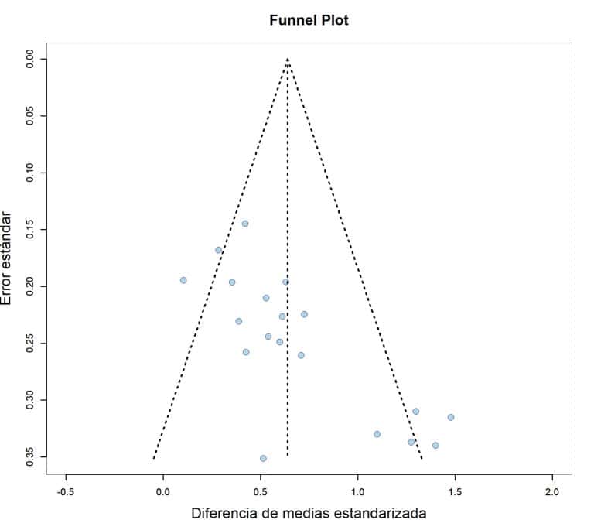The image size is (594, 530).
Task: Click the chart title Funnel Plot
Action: point(309,21)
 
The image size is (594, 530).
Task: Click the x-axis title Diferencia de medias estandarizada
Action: point(309,513)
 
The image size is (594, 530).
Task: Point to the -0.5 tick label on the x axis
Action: point(65,491)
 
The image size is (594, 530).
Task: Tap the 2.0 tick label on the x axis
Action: point(552,491)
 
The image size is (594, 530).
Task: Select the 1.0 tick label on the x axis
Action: point(358,491)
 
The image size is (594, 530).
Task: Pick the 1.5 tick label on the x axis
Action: point(455,491)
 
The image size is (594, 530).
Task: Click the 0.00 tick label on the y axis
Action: point(31,59)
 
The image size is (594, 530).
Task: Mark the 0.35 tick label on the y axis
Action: point(31,456)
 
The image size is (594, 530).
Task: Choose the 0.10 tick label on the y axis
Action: point(31,173)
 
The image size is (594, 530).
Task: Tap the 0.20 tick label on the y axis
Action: point(31,286)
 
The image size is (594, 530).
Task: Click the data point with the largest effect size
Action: point(450,417)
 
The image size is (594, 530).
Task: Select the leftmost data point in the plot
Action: point(183,280)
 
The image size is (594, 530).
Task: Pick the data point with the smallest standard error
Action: point(245,224)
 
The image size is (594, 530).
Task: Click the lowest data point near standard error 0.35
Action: point(263,458)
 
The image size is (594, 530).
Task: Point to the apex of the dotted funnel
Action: point(287,59)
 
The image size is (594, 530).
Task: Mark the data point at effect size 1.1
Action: point(377,434)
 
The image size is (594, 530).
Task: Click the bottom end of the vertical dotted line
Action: point(287,456)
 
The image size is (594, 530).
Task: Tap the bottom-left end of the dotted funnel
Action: point(153,458)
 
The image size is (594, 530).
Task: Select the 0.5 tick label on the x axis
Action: point(261,491)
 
